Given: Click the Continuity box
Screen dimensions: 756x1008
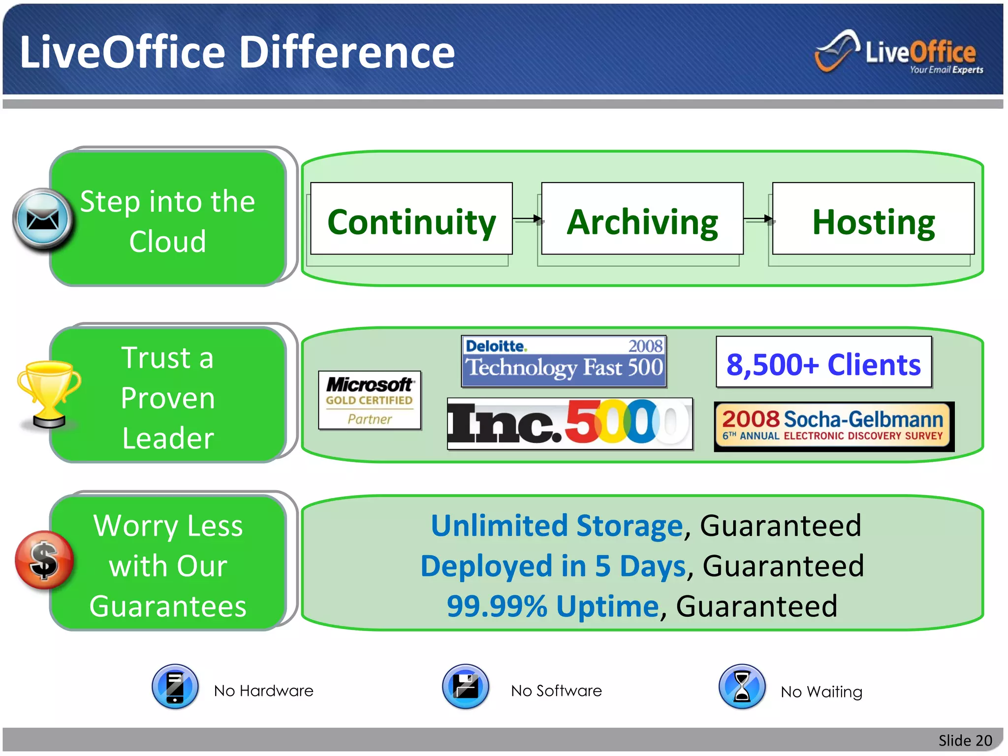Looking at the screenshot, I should [411, 219].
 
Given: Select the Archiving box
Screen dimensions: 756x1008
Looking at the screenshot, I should [642, 219].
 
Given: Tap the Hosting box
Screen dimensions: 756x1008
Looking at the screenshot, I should [873, 219].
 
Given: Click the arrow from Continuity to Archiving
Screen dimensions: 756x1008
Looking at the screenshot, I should [527, 219].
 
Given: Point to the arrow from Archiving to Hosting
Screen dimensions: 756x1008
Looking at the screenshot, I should [758, 219].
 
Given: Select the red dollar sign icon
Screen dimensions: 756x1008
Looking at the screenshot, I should [44, 560].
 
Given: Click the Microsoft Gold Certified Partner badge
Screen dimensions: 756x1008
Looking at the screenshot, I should [370, 400].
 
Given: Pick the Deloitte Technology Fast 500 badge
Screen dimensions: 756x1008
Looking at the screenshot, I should [564, 361].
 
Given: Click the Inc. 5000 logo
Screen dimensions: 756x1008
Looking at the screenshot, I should [570, 424].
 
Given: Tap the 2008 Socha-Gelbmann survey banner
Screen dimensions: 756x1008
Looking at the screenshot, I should [834, 426].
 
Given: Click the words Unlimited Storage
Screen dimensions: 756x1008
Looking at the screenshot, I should [557, 526].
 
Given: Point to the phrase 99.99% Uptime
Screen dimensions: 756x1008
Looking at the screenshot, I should [552, 606].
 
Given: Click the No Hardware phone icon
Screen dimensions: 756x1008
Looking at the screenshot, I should [175, 687].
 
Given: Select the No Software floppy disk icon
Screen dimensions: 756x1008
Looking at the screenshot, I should [466, 687].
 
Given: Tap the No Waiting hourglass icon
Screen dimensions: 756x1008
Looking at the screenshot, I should [742, 687].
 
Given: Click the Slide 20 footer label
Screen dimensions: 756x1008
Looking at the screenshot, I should [965, 740].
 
